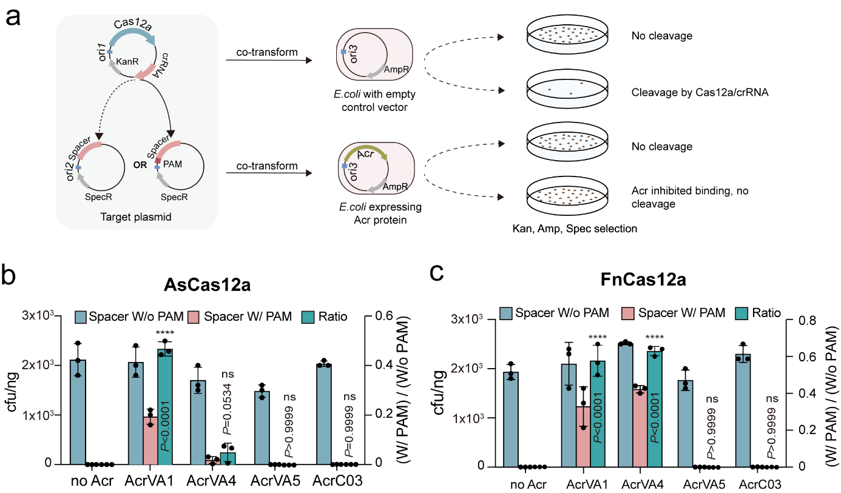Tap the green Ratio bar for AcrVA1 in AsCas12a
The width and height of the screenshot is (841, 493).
(164, 406)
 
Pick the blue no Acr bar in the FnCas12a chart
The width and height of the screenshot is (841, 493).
(511, 419)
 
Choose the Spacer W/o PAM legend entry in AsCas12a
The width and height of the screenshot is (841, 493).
(129, 317)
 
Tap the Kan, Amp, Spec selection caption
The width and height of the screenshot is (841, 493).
(572, 229)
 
